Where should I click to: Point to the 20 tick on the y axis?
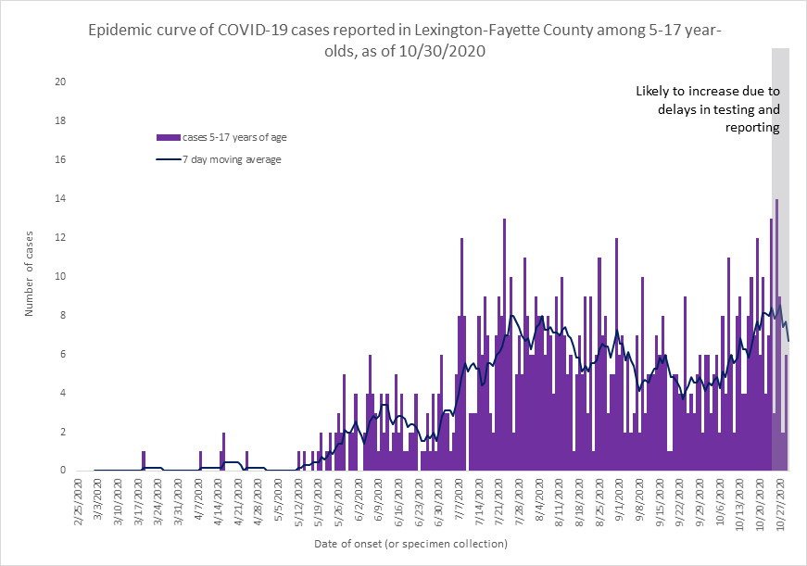[60, 82]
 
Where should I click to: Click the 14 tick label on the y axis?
[60, 199]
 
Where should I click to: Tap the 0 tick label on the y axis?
[63, 471]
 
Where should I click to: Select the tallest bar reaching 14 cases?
[776, 334]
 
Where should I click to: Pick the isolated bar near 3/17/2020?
[144, 461]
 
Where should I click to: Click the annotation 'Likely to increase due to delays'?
[708, 109]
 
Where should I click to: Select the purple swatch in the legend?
[168, 138]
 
